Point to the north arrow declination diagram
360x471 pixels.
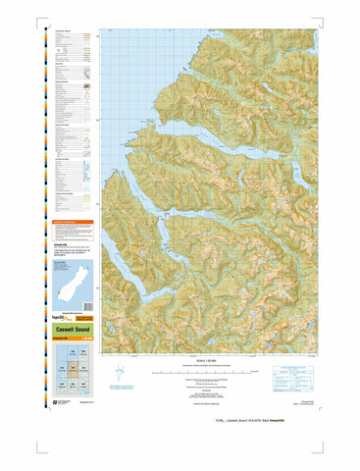(119, 373)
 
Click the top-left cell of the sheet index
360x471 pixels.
(61, 362)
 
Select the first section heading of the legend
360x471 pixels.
(63, 31)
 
